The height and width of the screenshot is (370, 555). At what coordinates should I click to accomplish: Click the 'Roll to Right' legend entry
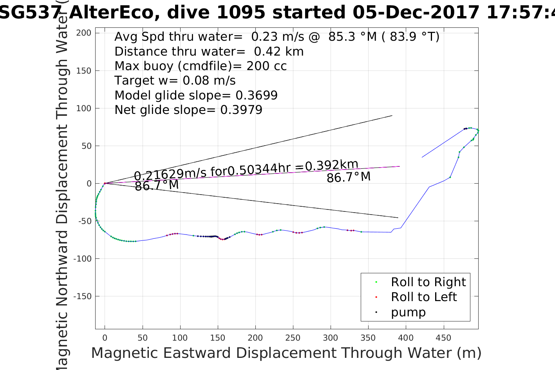428,282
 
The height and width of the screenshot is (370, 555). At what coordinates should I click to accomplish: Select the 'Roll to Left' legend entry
424,297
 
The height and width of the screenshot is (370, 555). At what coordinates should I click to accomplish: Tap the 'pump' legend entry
408,312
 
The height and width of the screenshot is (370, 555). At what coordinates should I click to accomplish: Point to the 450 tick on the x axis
443,338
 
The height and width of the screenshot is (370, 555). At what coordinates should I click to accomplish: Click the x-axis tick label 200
255,338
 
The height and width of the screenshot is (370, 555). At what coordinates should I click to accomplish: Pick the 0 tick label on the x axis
105,338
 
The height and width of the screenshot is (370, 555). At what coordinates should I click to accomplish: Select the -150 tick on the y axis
83,296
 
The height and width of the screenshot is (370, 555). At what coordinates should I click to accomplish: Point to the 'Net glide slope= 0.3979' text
188,110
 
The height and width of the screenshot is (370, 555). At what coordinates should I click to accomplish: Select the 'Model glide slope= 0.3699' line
196,95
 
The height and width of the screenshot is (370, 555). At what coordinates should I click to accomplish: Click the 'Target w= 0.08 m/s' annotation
175,81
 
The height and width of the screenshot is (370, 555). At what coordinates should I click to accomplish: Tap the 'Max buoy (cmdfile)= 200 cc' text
201,66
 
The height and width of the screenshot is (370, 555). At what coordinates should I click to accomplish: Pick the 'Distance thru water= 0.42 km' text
209,51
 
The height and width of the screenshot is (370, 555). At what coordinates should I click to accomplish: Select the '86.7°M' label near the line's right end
349,177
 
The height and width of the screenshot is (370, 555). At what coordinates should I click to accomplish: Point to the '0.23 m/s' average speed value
277,37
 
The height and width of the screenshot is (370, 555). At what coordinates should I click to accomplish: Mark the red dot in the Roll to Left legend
376,297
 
